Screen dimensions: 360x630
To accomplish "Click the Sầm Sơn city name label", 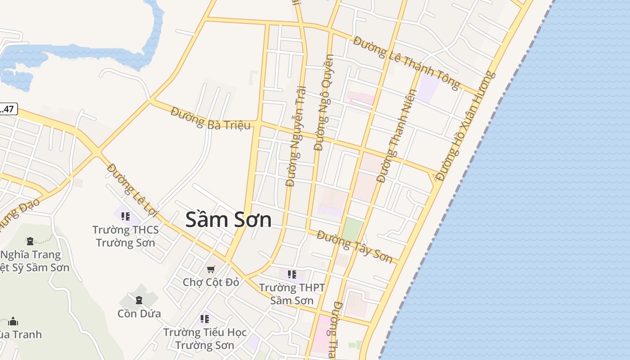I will [x=229, y=220].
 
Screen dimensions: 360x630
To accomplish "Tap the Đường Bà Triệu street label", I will [x=210, y=119].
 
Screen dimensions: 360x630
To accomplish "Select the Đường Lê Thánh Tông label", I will [x=406, y=63].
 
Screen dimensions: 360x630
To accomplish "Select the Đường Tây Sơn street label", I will [x=355, y=246].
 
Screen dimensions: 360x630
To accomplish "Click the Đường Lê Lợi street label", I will [x=130, y=188].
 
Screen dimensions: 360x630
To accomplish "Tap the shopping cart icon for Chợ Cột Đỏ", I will [x=211, y=269].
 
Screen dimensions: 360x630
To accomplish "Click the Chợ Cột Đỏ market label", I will [x=211, y=282].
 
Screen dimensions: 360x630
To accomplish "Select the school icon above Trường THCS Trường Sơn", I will [x=126, y=216].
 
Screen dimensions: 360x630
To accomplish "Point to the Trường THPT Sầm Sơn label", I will [x=292, y=294].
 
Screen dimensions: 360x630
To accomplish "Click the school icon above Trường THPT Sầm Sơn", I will [x=292, y=274].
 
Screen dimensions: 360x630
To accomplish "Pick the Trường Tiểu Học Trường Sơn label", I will [x=205, y=338].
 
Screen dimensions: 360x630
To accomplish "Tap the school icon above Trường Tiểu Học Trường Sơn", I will [x=205, y=319].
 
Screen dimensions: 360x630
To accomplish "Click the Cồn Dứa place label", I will [x=139, y=313].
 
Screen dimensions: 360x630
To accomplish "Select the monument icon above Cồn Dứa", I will [x=139, y=299].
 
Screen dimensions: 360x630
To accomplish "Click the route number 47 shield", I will [x=8, y=109].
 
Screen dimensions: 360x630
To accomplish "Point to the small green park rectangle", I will [x=352, y=229].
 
